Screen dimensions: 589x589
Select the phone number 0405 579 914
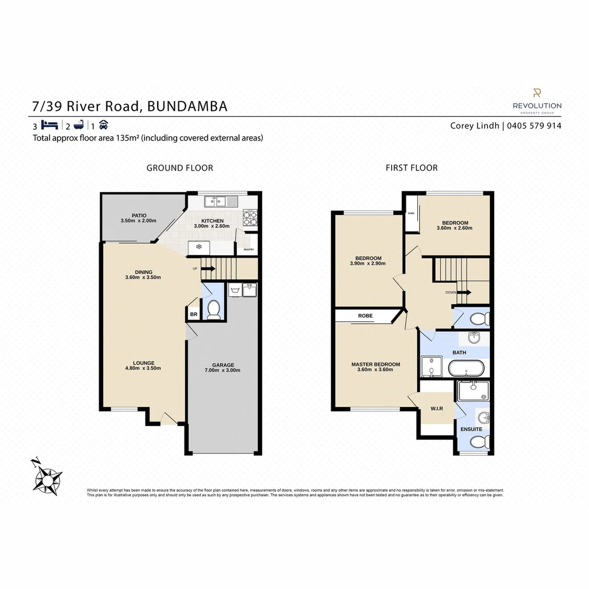point(534,125)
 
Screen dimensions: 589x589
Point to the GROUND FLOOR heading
point(179,168)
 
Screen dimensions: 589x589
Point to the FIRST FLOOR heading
point(411,168)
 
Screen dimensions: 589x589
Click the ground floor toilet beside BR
point(213,310)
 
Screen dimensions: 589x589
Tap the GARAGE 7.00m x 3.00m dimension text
point(223,370)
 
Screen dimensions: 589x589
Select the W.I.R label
point(436,408)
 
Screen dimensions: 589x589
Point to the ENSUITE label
point(471,429)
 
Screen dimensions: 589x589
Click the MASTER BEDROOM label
point(376,364)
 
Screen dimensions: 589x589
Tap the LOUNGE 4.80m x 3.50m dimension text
point(143,368)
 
